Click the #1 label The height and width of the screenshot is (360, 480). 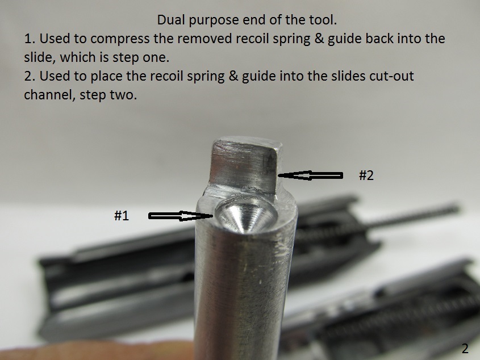(x=122, y=216)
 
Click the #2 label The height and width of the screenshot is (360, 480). (x=366, y=175)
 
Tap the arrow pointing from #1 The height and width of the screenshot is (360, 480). (x=181, y=216)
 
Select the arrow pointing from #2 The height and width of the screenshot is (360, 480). (x=310, y=175)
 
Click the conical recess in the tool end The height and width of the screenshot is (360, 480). (x=246, y=214)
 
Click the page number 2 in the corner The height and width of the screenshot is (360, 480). (x=465, y=349)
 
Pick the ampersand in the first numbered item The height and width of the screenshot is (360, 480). (x=319, y=39)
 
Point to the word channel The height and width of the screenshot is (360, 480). (x=49, y=95)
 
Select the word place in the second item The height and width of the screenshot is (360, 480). (x=106, y=77)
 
